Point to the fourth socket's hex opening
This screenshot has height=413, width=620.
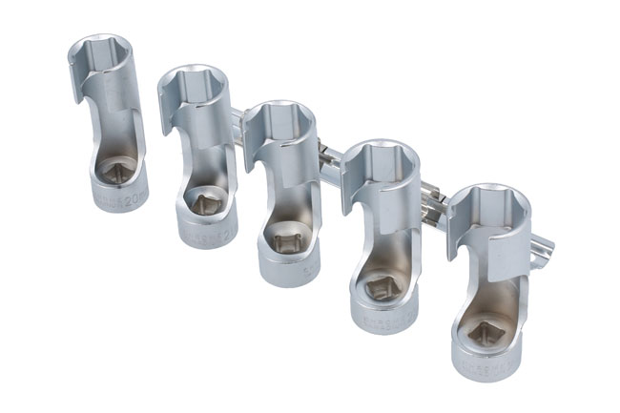pos(385,156)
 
